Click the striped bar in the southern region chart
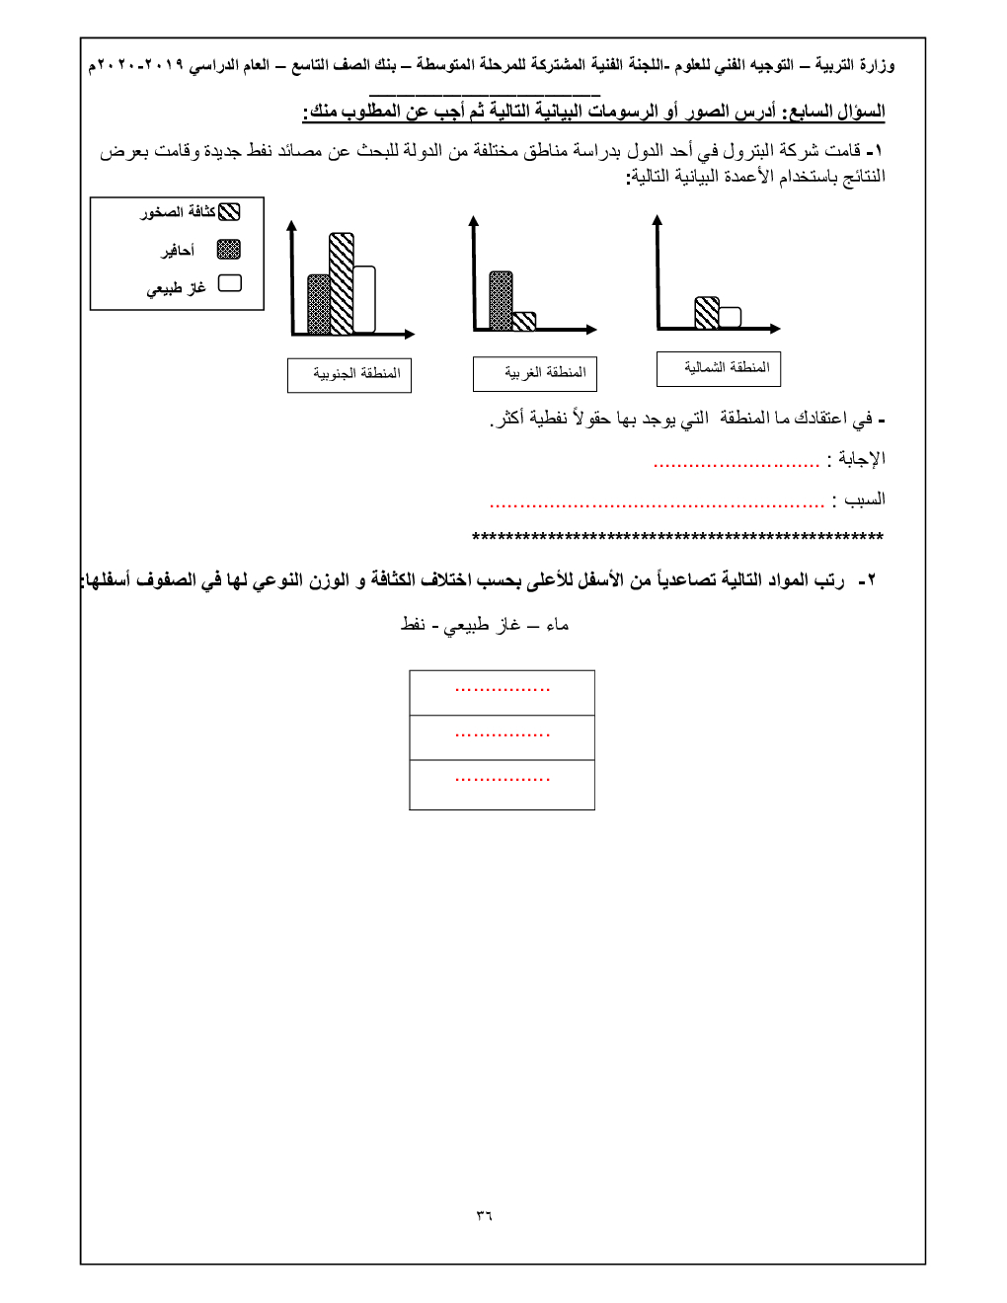(341, 284)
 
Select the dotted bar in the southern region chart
(318, 304)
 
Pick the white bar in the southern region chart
(364, 300)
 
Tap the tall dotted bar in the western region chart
(501, 300)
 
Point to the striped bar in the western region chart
(524, 321)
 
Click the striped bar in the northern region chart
(707, 313)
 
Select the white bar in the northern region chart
(730, 318)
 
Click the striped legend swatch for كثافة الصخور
(229, 212)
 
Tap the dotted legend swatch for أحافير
(229, 249)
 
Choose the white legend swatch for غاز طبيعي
(229, 283)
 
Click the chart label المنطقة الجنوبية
(349, 375)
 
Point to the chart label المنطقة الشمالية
(719, 369)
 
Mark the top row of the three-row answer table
(502, 692)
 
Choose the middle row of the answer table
(502, 737)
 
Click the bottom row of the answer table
(502, 785)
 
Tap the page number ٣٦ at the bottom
(484, 1215)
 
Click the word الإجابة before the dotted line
(862, 459)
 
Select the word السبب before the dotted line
(865, 499)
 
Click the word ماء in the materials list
(558, 625)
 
